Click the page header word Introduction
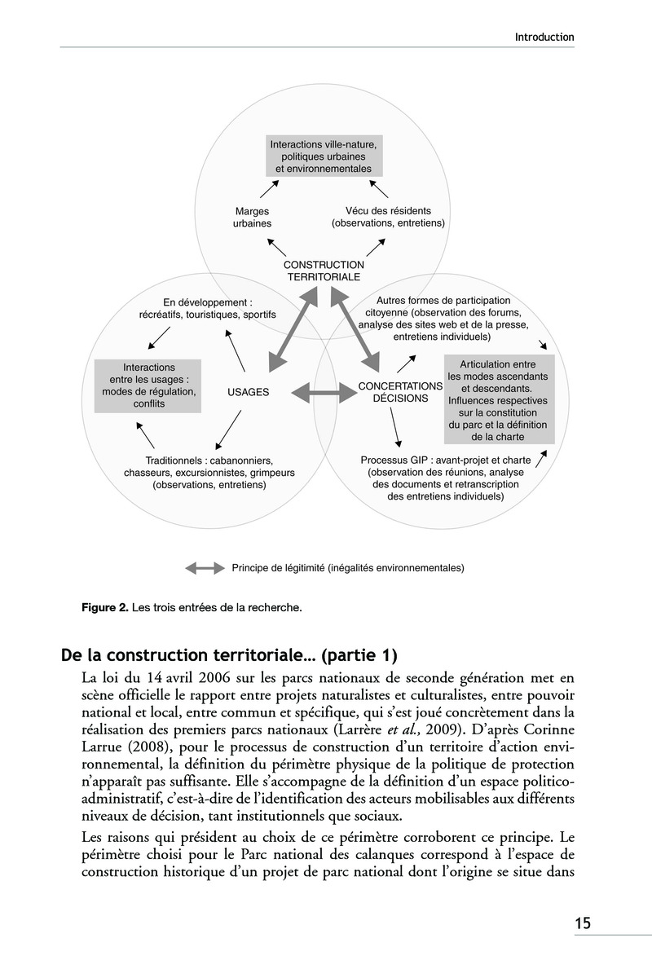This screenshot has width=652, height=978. (x=544, y=37)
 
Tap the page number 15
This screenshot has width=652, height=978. (x=582, y=923)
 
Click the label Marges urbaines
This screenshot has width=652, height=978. (x=253, y=217)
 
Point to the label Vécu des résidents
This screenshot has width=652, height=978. (x=388, y=217)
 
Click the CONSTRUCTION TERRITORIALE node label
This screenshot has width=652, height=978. (x=324, y=271)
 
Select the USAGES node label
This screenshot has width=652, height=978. (x=248, y=392)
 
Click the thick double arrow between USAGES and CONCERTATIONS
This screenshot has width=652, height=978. (x=324, y=392)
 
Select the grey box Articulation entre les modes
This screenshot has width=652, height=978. (x=497, y=399)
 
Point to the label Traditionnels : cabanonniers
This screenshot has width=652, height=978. (x=209, y=472)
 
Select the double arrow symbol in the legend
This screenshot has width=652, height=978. (x=204, y=567)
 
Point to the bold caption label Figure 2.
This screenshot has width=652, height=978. (x=104, y=607)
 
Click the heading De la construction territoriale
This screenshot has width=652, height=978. (x=229, y=654)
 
